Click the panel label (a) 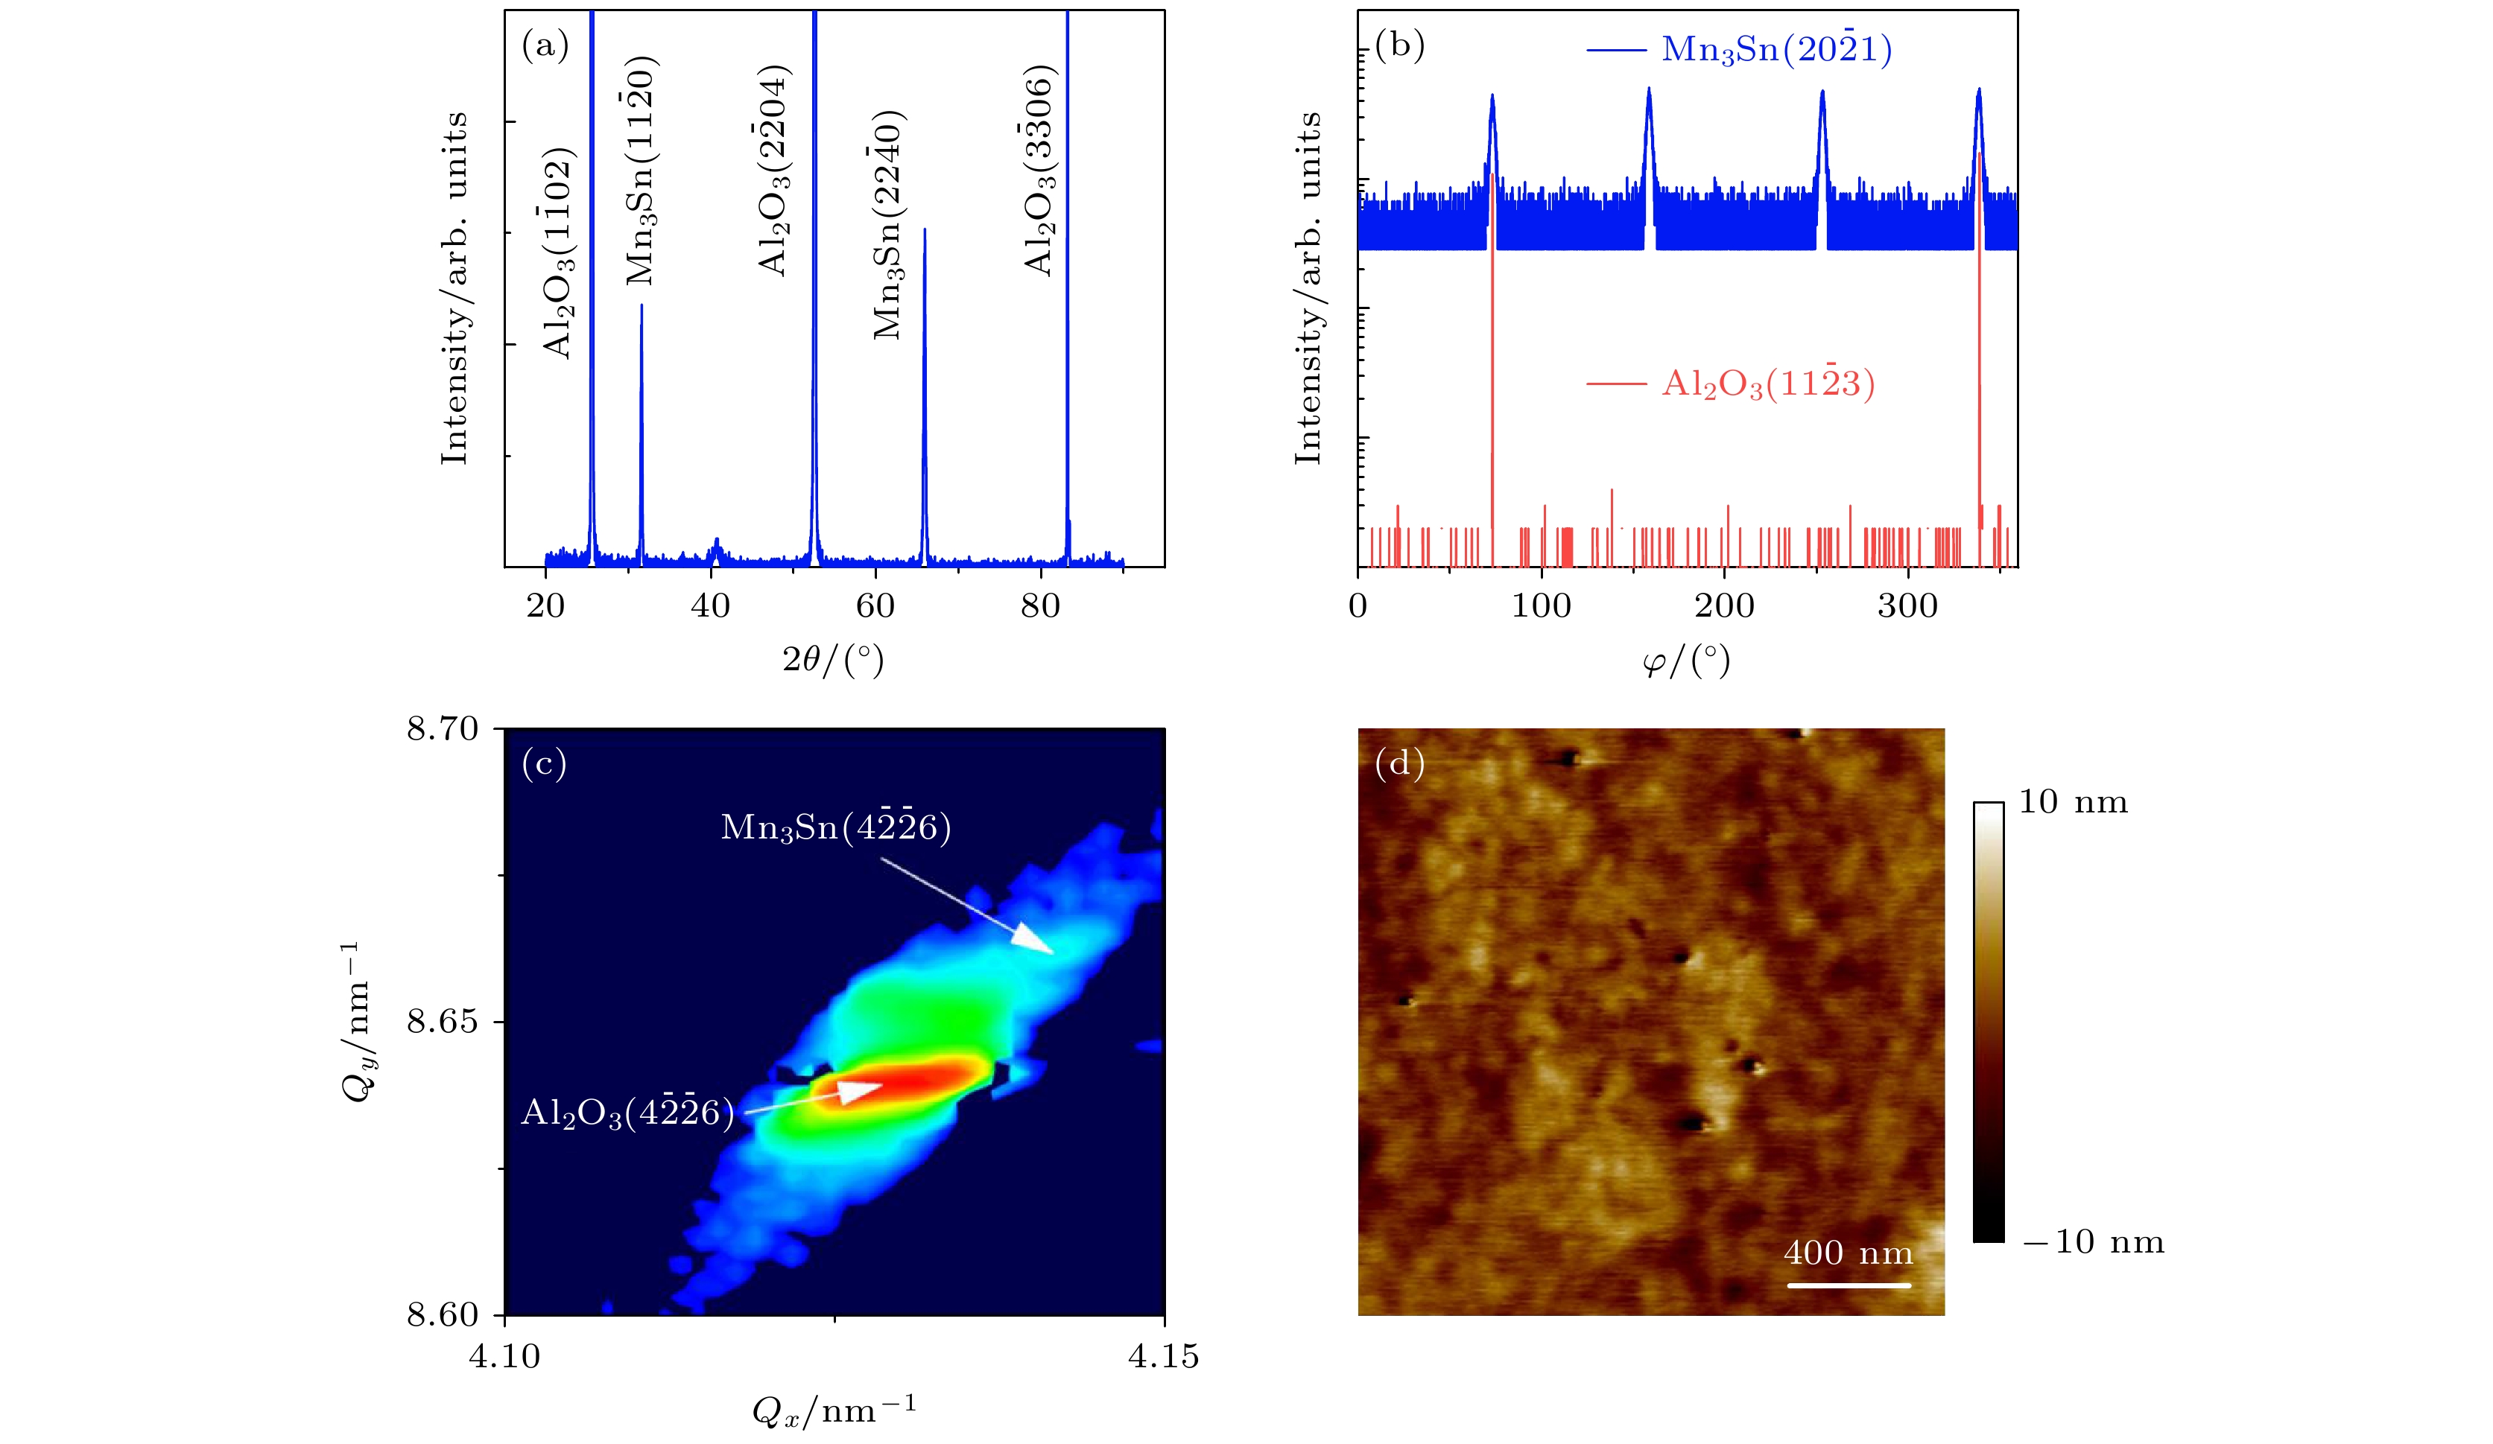[x=545, y=45]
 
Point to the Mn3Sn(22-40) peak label [x=888, y=226]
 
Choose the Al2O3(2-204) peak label [x=773, y=170]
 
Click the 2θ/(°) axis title [x=833, y=660]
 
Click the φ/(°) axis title [x=1686, y=661]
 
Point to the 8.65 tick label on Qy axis [x=443, y=1021]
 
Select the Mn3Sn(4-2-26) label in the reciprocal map [x=836, y=827]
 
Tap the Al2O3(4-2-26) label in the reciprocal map [x=628, y=1113]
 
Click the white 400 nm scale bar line [x=1849, y=1285]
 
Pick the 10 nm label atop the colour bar [x=2074, y=801]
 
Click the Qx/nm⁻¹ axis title [x=834, y=1410]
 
